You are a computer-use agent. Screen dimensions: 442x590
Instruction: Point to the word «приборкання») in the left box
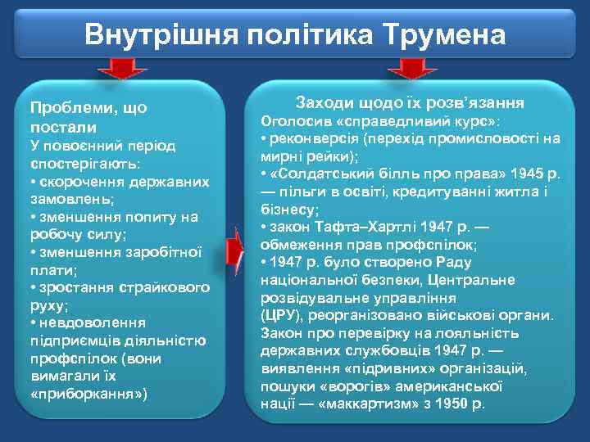(x=89, y=395)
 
